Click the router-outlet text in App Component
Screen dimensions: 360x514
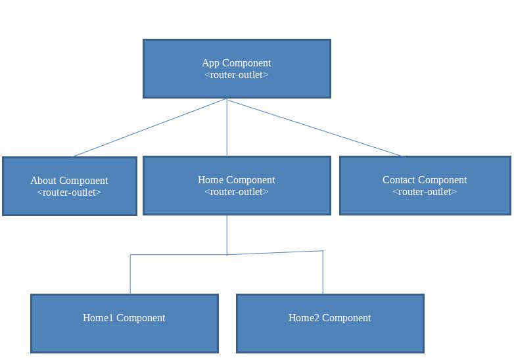[237, 75]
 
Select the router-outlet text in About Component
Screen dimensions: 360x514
[69, 192]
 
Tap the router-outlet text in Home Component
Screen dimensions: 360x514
[237, 192]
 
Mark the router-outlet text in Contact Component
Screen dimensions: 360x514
[425, 192]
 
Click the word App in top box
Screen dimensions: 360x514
[210, 63]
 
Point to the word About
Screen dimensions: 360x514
[43, 181]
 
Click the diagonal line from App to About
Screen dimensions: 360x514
[150, 128]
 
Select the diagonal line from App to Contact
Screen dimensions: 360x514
[315, 128]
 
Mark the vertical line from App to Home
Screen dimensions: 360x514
[227, 128]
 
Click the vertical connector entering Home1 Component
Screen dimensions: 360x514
[130, 275]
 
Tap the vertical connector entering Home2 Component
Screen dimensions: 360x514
[323, 273]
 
